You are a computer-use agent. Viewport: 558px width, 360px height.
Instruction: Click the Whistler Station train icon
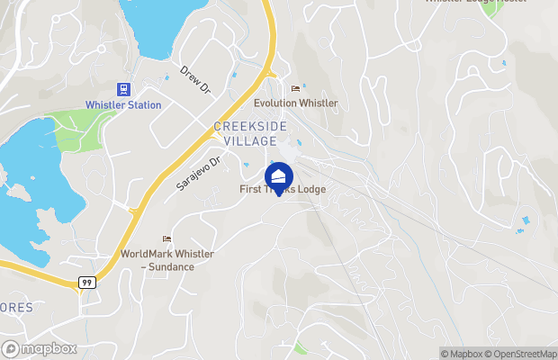tap(123, 89)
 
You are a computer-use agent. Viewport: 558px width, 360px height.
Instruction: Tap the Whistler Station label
tap(123, 105)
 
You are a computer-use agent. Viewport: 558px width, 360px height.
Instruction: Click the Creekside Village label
tap(251, 133)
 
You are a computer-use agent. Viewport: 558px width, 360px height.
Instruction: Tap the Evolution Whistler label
tap(295, 103)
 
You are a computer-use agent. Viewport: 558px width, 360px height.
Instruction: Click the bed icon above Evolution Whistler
tap(295, 88)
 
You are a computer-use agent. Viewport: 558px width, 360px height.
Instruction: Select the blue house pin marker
tap(279, 175)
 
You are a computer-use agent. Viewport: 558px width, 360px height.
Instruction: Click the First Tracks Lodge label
tap(283, 190)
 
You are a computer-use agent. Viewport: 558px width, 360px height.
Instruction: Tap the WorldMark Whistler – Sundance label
tap(167, 260)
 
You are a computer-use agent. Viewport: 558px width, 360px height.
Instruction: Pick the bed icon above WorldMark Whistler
tap(166, 238)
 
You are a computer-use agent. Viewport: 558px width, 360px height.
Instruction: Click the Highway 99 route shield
tap(86, 283)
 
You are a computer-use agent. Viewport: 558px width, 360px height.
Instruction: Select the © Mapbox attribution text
tap(461, 354)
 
